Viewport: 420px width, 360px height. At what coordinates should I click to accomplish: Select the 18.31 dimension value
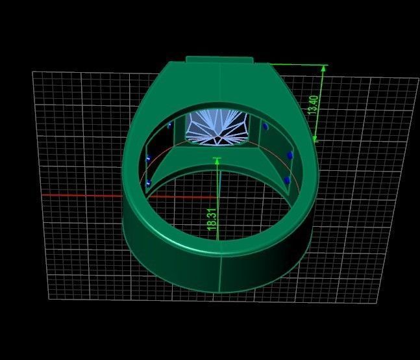(211, 217)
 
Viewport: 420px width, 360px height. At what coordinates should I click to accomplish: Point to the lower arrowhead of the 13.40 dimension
(316, 138)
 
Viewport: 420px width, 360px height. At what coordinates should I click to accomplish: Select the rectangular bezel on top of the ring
(219, 60)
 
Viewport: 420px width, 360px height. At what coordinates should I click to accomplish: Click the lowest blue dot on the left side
(149, 183)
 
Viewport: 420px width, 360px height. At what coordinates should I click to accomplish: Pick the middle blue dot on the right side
(290, 156)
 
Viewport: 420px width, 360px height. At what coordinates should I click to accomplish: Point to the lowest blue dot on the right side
(287, 180)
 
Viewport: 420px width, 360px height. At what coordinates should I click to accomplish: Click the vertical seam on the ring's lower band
(220, 273)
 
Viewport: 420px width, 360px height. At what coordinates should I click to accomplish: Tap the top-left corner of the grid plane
(32, 72)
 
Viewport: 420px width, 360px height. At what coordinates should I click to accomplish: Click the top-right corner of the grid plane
(418, 79)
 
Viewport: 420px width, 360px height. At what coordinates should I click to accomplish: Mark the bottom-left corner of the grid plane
(49, 300)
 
